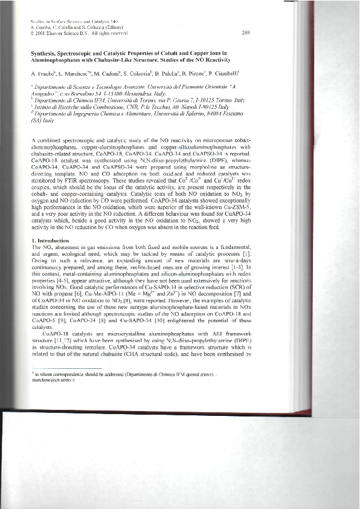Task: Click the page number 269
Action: pos(245,33)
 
